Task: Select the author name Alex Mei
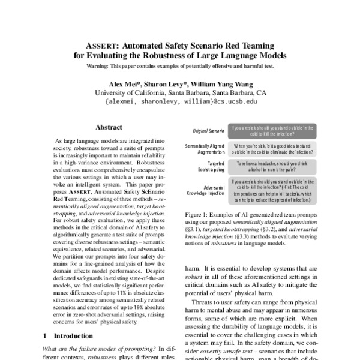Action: click(x=125, y=84)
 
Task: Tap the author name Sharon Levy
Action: click(x=163, y=84)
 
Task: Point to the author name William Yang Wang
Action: click(x=218, y=84)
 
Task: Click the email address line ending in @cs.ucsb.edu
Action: click(x=181, y=102)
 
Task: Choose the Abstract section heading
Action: click(x=109, y=127)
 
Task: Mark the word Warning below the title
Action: click(x=100, y=65)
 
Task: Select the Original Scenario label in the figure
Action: click(x=207, y=130)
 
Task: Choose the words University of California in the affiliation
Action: click(x=124, y=93)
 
